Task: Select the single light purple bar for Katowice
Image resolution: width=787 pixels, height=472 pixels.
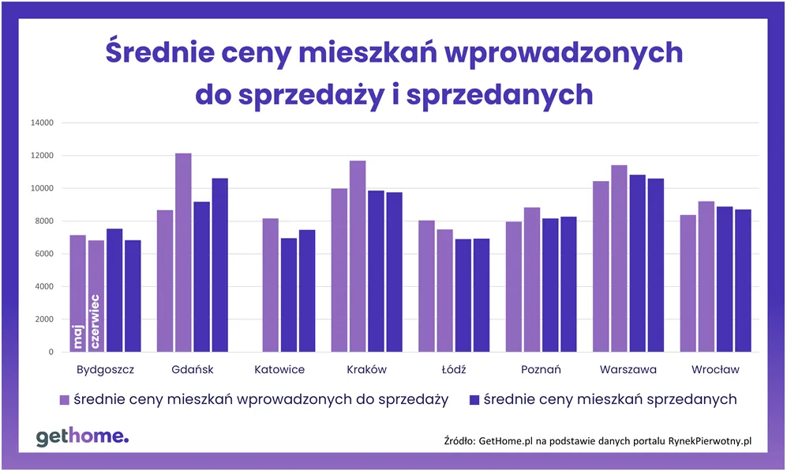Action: pyautogui.click(x=270, y=285)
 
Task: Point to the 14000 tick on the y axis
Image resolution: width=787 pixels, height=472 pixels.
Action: pyautogui.click(x=40, y=123)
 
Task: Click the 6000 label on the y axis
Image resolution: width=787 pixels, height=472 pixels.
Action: pyautogui.click(x=43, y=254)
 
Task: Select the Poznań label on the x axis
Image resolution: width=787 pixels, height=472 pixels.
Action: pyautogui.click(x=541, y=369)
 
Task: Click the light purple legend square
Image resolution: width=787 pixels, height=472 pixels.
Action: pyautogui.click(x=65, y=399)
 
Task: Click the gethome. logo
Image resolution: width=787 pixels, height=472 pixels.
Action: pyautogui.click(x=82, y=436)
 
